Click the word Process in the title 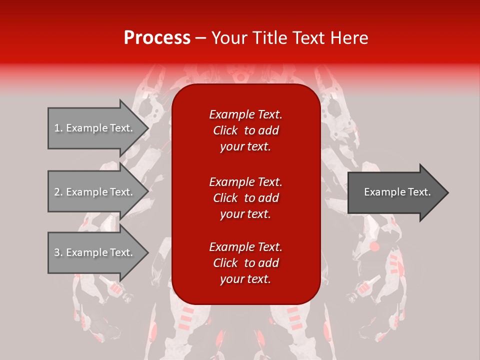tap(157, 38)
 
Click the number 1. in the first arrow tap(58, 128)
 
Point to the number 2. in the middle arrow tap(58, 192)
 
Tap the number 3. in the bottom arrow tap(58, 252)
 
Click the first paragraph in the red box tap(245, 130)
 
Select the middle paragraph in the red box tap(245, 197)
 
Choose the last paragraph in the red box tap(245, 263)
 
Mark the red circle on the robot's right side tap(375, 246)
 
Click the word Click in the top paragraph tap(225, 130)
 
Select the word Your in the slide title tap(227, 38)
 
